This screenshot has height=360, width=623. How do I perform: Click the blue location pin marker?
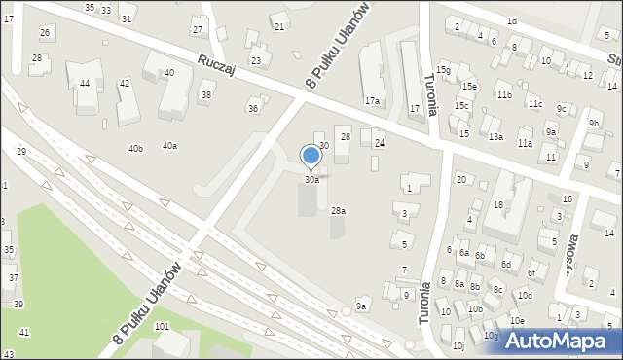coord(311,156)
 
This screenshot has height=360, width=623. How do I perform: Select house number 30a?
coord(311,180)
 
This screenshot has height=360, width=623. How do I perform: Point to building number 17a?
coord(372,101)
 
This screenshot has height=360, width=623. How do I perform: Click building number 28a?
coord(338,211)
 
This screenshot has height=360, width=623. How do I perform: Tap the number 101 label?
coord(162,326)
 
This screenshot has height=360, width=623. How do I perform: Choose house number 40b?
coord(135,149)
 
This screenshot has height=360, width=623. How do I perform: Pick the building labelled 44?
coord(86,84)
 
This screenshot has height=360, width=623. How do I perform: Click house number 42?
coord(124,84)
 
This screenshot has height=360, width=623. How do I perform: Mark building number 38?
coord(205,94)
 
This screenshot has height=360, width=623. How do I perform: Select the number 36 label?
coord(253,108)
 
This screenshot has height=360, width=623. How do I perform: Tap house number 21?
coord(279,26)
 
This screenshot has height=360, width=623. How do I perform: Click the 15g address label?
coord(443,70)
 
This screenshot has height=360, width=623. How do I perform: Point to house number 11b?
coord(503,95)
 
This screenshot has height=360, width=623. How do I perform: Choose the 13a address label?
coord(495,137)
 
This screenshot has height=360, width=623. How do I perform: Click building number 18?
coord(497,205)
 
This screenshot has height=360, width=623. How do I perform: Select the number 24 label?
coord(381,143)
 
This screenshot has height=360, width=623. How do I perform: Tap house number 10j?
coord(458,345)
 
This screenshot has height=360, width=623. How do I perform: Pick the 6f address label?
coord(531,273)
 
